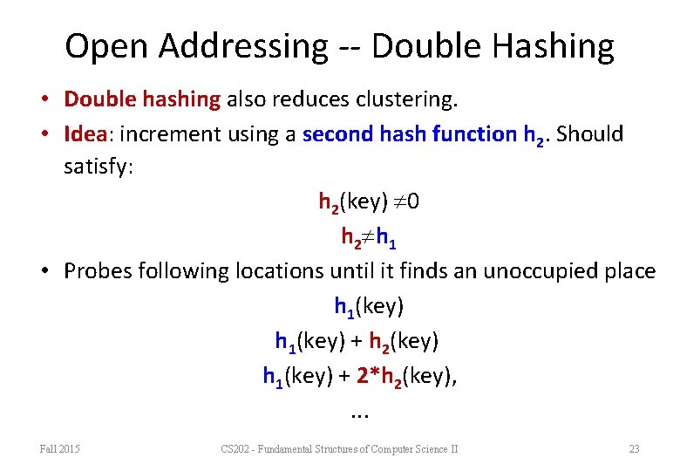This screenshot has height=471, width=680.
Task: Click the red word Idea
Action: click(x=85, y=134)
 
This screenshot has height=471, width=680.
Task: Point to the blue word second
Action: click(x=336, y=134)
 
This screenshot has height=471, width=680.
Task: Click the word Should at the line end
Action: click(x=594, y=134)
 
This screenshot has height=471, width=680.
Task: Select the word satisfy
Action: click(x=97, y=166)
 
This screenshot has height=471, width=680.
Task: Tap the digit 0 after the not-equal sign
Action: click(x=413, y=202)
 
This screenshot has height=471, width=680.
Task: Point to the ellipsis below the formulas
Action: click(x=358, y=412)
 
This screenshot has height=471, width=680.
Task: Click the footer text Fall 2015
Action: click(x=60, y=449)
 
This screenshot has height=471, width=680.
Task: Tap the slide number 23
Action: click(x=634, y=449)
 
